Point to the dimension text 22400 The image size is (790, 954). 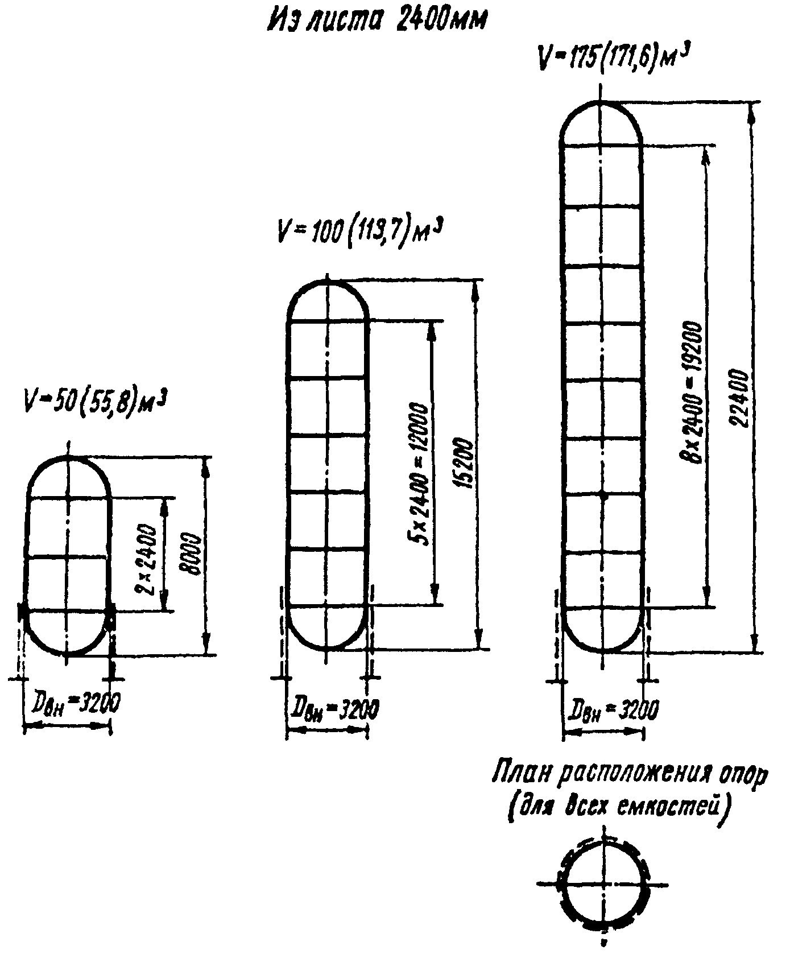[x=741, y=398]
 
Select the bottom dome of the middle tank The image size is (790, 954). [x=328, y=631]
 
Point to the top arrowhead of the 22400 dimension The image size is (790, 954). [x=754, y=111]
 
